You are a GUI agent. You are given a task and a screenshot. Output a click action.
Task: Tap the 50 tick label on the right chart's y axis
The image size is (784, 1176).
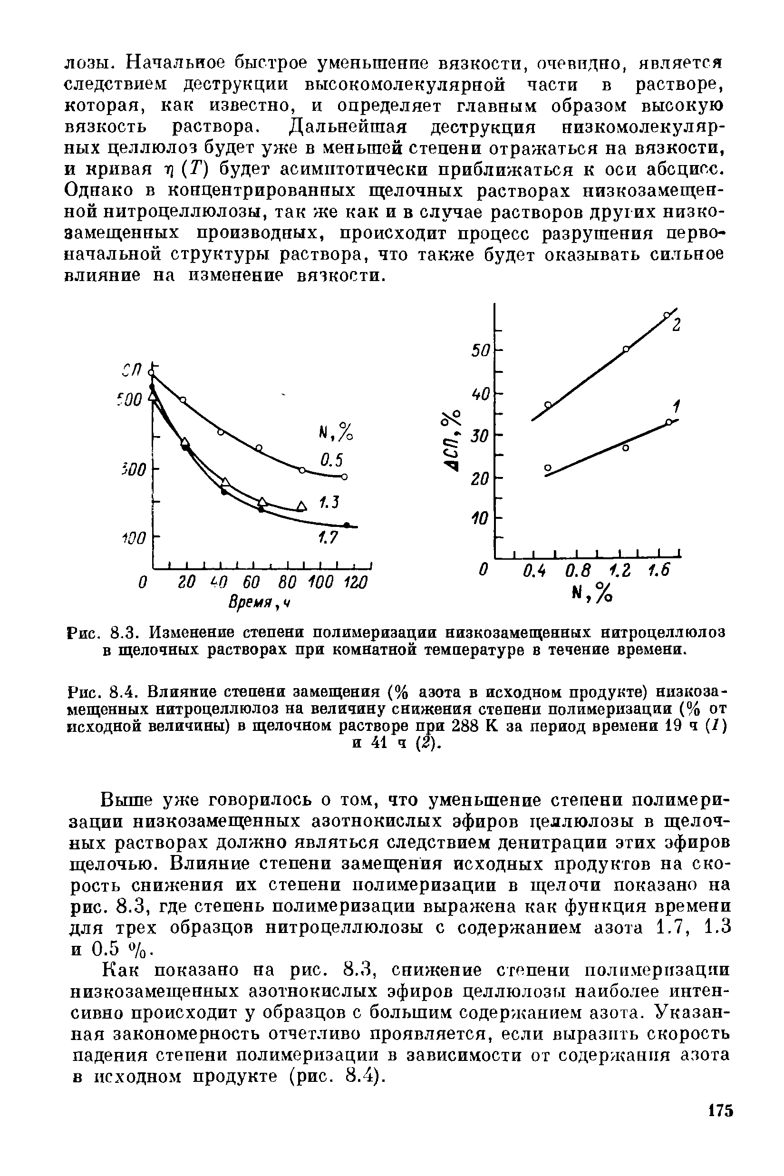click(481, 350)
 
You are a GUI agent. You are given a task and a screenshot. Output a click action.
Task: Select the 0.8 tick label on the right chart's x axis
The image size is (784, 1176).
click(579, 571)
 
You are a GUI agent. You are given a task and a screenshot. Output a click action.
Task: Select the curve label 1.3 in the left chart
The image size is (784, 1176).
click(329, 503)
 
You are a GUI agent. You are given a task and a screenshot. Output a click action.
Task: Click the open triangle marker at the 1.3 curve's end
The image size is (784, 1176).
click(300, 506)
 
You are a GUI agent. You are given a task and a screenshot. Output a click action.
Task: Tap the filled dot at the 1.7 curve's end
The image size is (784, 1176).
click(347, 525)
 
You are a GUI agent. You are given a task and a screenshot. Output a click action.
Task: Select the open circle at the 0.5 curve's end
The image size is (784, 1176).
click(345, 476)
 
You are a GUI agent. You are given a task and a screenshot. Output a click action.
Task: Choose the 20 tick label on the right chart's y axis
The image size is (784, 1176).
click(481, 479)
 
